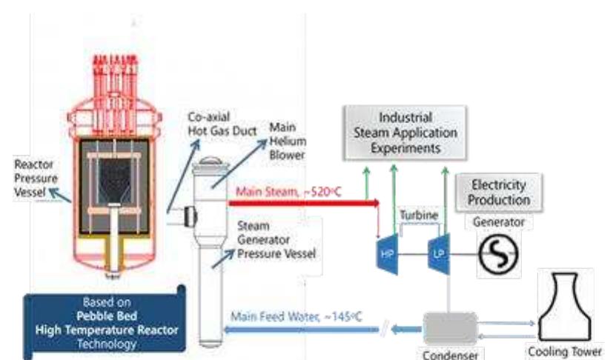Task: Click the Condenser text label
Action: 450,353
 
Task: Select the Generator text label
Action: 498,221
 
